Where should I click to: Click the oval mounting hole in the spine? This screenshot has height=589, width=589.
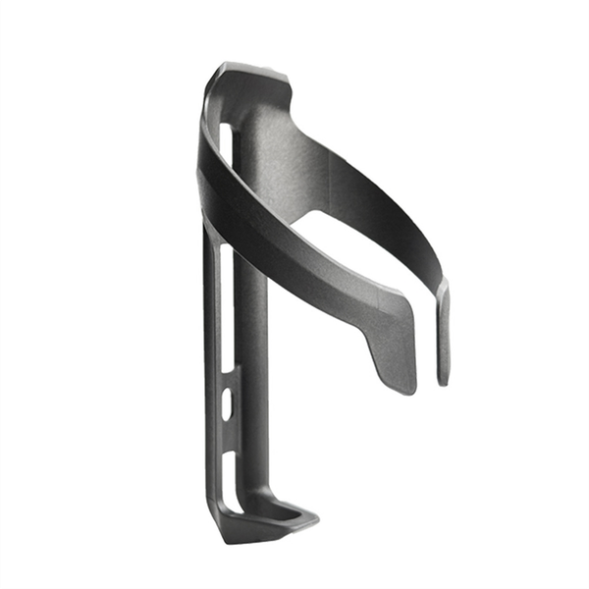[227, 403]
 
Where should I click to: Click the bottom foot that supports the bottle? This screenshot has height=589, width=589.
[265, 525]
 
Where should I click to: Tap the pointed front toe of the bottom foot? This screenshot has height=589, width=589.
[312, 515]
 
